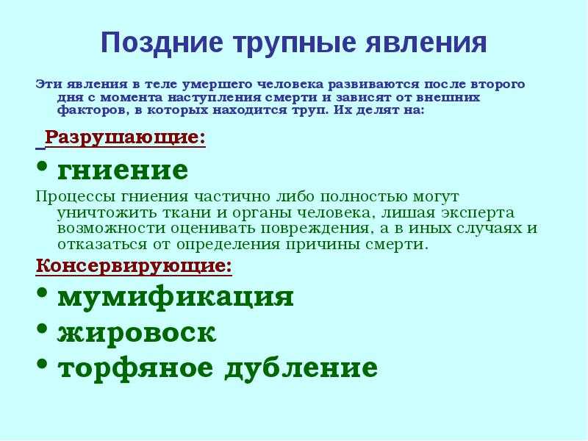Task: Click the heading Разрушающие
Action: coord(125,138)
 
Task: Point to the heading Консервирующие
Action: coord(134,266)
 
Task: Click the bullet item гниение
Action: coord(123,171)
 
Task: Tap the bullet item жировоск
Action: coord(137,333)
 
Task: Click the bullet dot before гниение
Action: coord(43,166)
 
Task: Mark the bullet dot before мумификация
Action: coord(43,293)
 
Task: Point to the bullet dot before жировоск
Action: coord(43,329)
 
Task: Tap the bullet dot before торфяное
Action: coord(43,364)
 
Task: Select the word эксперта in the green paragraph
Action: coord(477,213)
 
